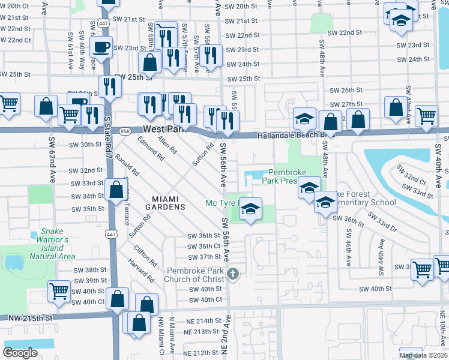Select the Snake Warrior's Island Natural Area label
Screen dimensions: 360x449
click(x=52, y=244)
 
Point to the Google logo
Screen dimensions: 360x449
click(x=20, y=353)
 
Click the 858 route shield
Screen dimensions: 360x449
click(x=124, y=130)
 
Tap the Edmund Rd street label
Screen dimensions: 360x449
click(x=151, y=148)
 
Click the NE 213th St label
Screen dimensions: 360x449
click(x=202, y=332)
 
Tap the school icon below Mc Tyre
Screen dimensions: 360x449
click(x=252, y=208)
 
